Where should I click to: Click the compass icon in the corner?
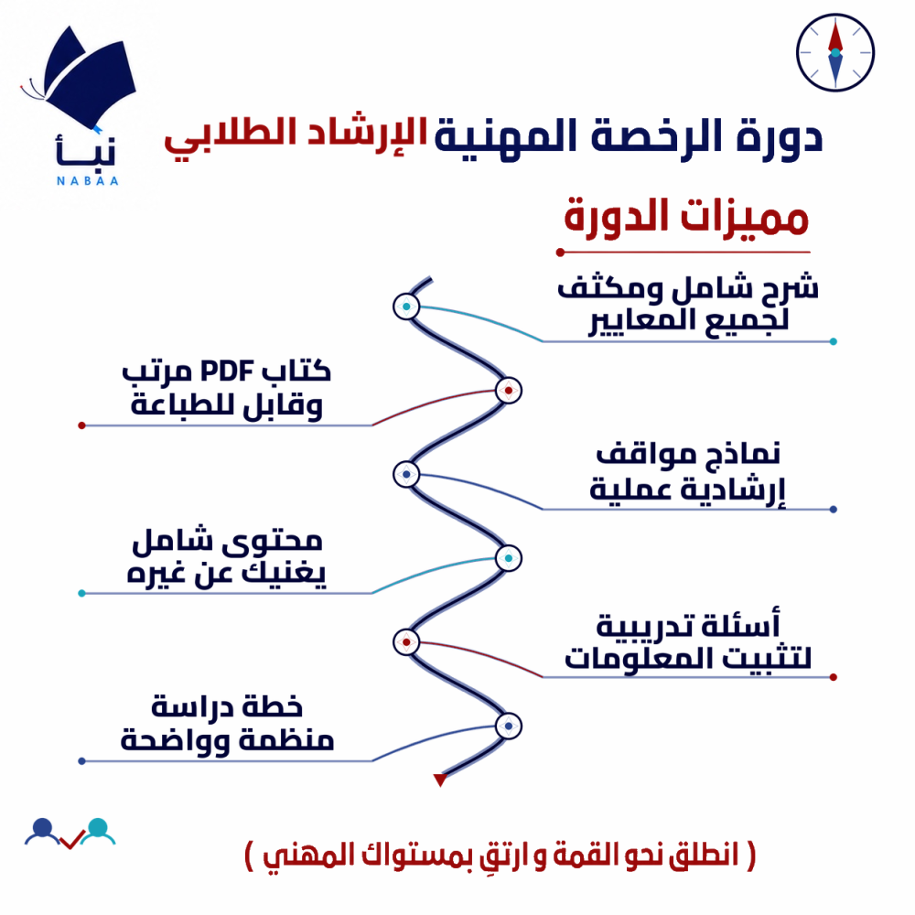[835, 52]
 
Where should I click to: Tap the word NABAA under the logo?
[88, 181]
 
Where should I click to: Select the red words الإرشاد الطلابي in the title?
[296, 136]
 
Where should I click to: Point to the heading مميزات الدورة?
[686, 217]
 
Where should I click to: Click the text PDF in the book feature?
[227, 371]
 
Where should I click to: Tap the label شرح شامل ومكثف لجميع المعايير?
[688, 304]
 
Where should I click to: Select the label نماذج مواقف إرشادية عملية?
[688, 473]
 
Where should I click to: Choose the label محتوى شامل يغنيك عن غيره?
[226, 557]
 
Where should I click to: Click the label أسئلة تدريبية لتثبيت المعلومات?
[688, 640]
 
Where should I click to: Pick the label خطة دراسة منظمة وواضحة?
[227, 724]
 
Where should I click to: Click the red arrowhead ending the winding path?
[440, 780]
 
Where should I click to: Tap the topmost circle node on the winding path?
[406, 307]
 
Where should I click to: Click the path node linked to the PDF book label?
[508, 391]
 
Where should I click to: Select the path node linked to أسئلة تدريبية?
[406, 642]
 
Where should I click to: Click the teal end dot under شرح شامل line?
[834, 341]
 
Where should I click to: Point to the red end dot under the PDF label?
[81, 425]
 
